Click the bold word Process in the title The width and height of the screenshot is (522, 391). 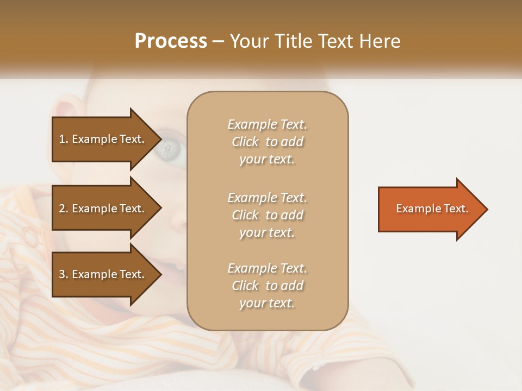(171, 41)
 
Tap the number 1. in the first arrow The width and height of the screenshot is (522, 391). (64, 139)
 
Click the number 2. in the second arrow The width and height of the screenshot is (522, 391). (64, 209)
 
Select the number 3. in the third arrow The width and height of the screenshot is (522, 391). (64, 274)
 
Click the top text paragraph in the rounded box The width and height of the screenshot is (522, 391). (267, 142)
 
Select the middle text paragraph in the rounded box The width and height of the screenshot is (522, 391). (267, 215)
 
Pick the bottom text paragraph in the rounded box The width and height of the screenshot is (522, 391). (267, 286)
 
